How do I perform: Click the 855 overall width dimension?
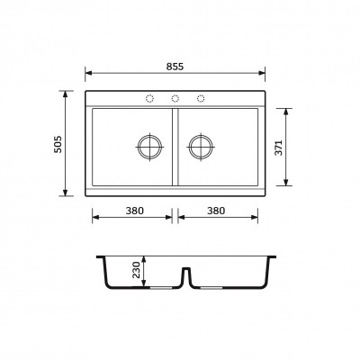tap(175, 67)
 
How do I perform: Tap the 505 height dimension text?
tap(58, 144)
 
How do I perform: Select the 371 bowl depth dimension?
tap(279, 148)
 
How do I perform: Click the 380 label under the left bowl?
tap(135, 211)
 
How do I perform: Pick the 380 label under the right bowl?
tap(216, 211)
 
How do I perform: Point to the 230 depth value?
tap(137, 270)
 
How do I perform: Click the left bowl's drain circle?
tap(150, 147)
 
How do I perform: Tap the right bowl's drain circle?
tap(201, 147)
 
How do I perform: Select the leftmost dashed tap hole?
tap(149, 98)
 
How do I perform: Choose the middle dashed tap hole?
tap(175, 98)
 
